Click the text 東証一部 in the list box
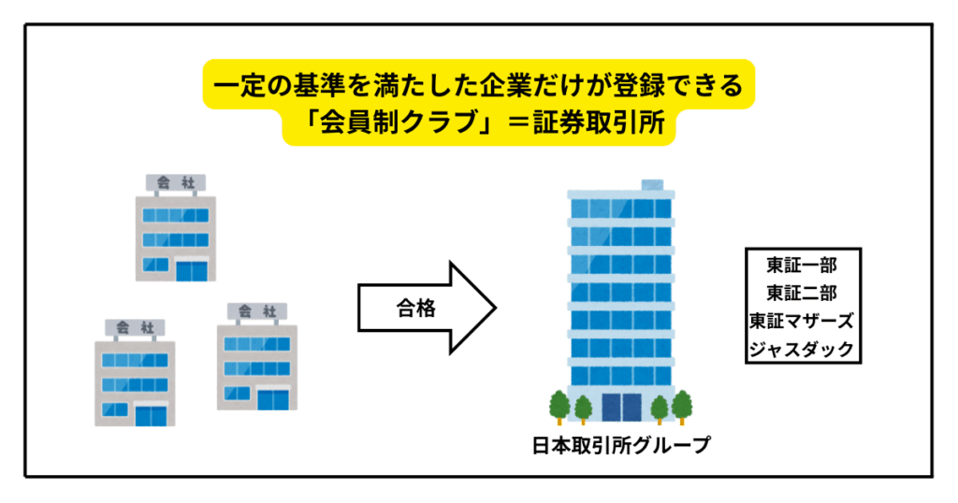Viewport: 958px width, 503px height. point(803,265)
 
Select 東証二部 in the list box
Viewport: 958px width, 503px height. point(803,293)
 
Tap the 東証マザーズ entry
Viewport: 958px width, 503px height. point(803,321)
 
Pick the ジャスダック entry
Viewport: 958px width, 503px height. point(803,350)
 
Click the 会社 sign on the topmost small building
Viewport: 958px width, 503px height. point(175,182)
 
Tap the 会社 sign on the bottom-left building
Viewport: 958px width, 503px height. point(135,326)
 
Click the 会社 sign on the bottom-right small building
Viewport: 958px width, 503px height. point(257,310)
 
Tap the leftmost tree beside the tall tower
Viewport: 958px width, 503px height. point(559,405)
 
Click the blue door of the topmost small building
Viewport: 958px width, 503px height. point(193,270)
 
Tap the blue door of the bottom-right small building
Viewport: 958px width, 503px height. point(273,398)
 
